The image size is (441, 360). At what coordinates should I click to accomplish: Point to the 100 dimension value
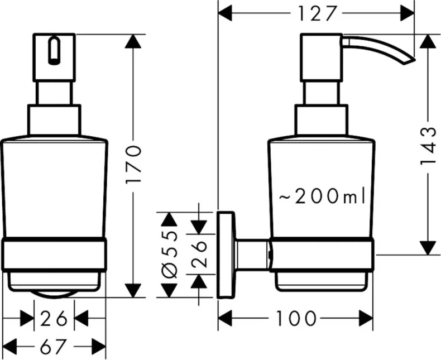(x=295, y=319)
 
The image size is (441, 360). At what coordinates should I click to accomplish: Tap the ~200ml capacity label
(x=322, y=196)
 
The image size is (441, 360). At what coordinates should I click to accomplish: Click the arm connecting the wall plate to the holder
(x=252, y=256)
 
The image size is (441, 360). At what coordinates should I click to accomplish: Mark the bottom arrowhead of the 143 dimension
(x=428, y=247)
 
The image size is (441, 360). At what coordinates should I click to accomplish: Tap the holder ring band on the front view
(x=54, y=255)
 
